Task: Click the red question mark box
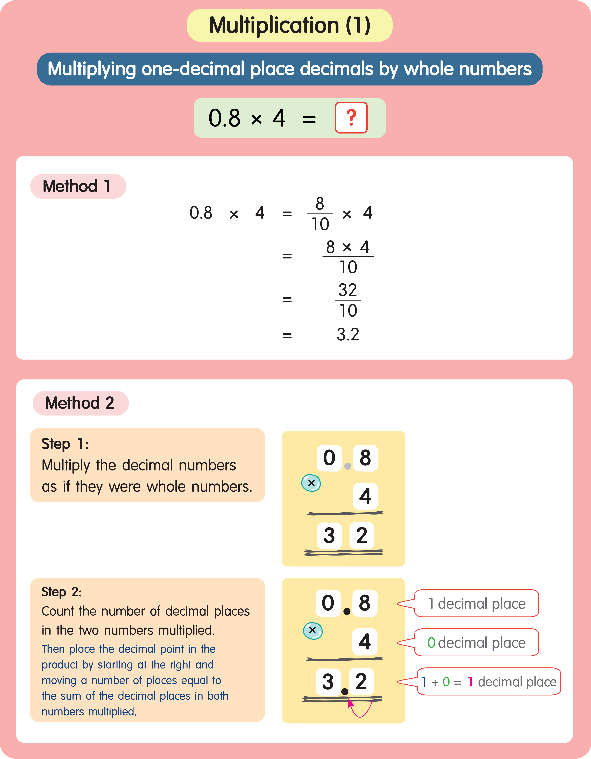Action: click(x=351, y=117)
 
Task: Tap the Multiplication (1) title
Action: click(x=289, y=25)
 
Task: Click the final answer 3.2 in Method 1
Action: click(x=348, y=334)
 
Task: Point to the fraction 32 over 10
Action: click(x=348, y=300)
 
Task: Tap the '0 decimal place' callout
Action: click(x=476, y=643)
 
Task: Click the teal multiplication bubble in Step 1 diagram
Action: click(x=311, y=483)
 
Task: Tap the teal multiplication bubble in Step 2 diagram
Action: click(x=313, y=630)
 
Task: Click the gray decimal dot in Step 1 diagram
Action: click(x=347, y=466)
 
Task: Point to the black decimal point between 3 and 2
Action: click(x=345, y=692)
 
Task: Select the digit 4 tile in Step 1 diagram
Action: click(x=365, y=496)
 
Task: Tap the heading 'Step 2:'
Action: click(x=61, y=592)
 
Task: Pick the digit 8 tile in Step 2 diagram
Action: click(x=365, y=603)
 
